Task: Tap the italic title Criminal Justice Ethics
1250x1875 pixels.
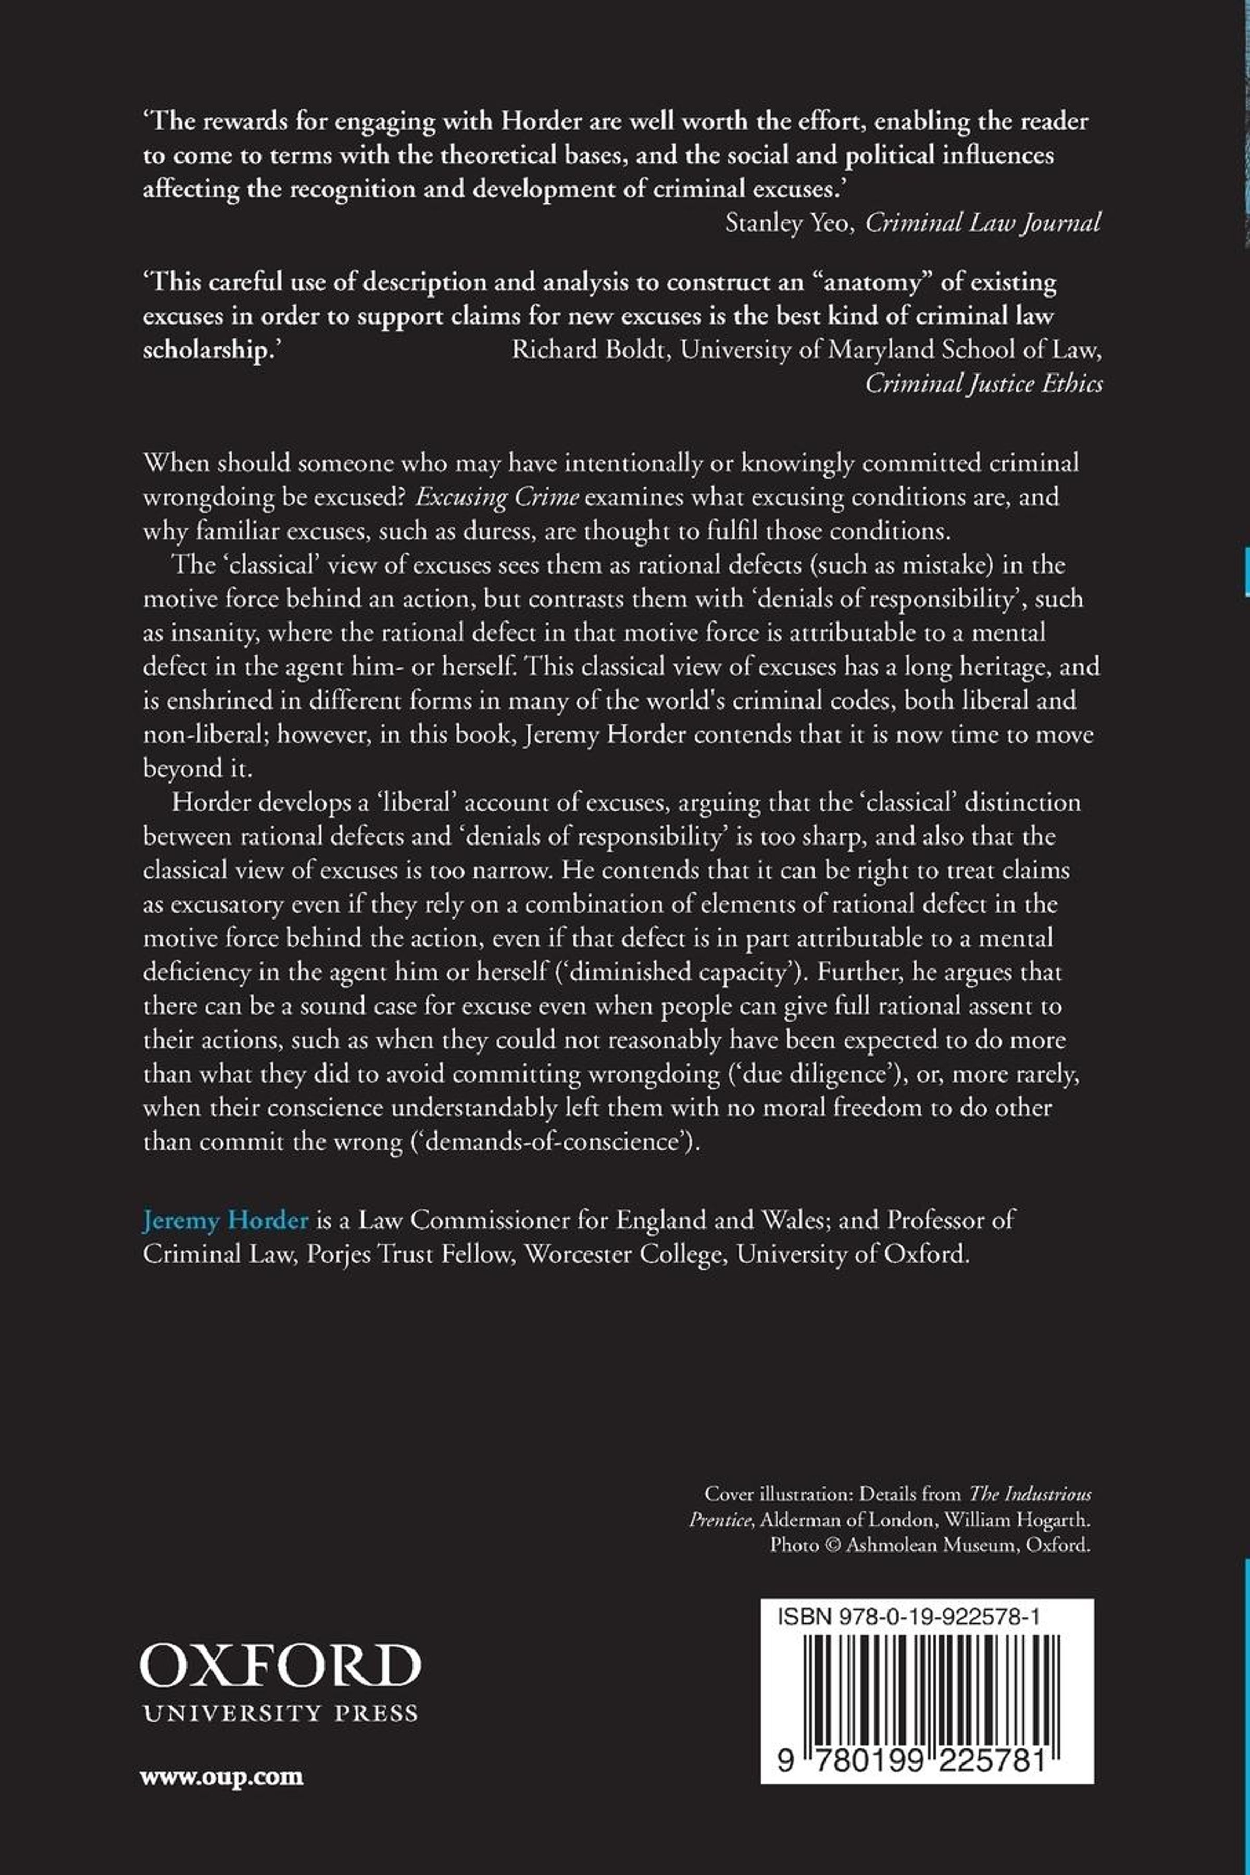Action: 984,384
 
